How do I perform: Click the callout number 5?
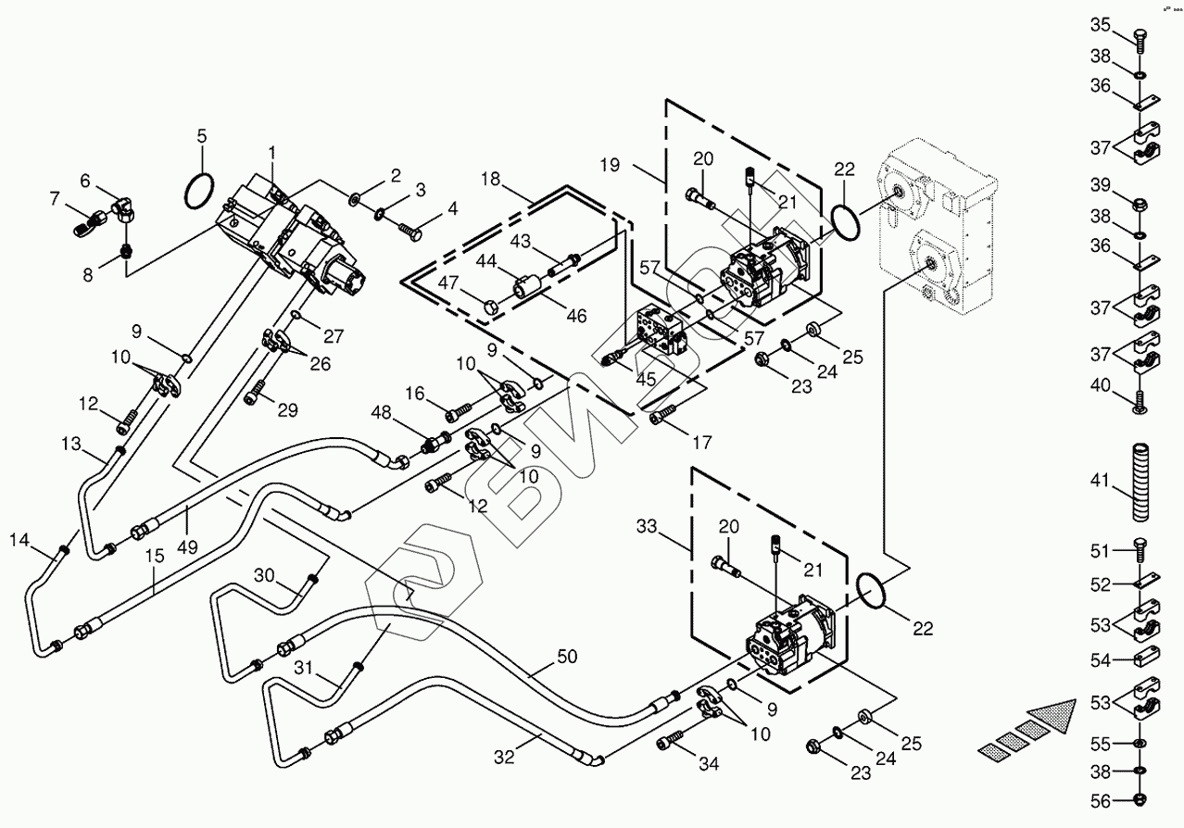201,137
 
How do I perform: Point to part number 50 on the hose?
567,657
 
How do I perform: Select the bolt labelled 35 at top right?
1138,38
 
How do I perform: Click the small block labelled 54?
1138,659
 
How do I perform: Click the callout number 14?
20,539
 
